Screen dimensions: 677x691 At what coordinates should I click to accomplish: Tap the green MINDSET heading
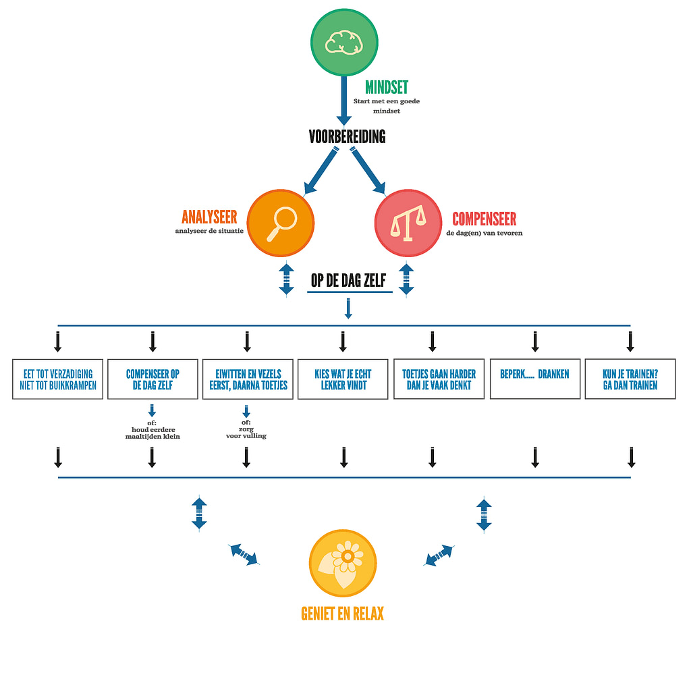(x=386, y=87)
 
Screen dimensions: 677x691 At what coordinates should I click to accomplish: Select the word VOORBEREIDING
(x=347, y=136)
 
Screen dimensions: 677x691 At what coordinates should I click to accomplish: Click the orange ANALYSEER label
(x=209, y=217)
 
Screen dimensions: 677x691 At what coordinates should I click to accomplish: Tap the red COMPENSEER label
(x=484, y=219)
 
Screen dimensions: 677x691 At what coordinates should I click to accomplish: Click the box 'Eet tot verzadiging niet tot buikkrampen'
(x=58, y=379)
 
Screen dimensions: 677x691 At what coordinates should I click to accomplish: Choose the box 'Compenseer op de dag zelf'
(x=153, y=379)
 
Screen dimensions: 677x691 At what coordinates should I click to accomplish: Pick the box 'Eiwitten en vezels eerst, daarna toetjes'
(x=247, y=379)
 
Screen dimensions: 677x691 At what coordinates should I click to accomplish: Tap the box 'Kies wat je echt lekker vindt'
(x=343, y=379)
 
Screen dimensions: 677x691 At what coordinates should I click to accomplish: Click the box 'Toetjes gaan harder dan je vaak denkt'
(x=439, y=379)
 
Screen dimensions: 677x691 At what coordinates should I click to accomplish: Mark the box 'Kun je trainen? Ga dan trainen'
(x=630, y=379)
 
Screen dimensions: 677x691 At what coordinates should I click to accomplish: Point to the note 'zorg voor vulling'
(x=246, y=431)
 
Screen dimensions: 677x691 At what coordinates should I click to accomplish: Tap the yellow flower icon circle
(x=343, y=563)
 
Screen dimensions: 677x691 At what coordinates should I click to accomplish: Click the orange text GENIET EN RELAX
(x=343, y=614)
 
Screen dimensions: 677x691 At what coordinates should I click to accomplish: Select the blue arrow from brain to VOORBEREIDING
(x=343, y=100)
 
